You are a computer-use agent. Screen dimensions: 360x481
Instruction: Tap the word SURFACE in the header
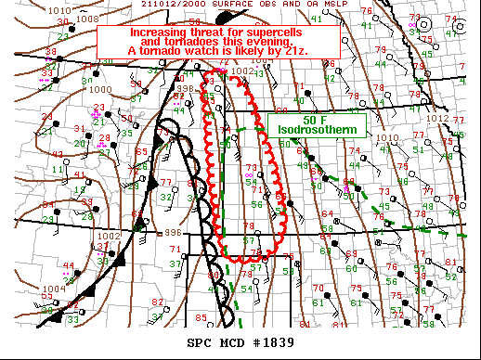234,5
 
